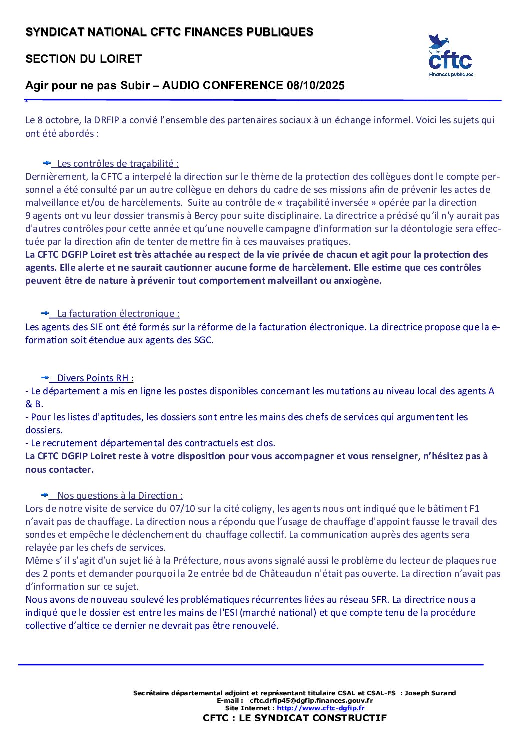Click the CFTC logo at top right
(450, 56)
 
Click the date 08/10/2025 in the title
(316, 86)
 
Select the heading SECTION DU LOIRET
(84, 59)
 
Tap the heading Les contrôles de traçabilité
(118, 164)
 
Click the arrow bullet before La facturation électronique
(45, 313)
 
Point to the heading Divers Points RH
(95, 378)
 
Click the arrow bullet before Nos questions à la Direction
(45, 495)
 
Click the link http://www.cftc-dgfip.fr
(320, 708)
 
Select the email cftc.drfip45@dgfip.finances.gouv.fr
(311, 700)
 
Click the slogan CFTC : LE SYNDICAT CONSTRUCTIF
(295, 718)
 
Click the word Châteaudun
(285, 574)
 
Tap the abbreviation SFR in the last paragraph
(380, 600)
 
